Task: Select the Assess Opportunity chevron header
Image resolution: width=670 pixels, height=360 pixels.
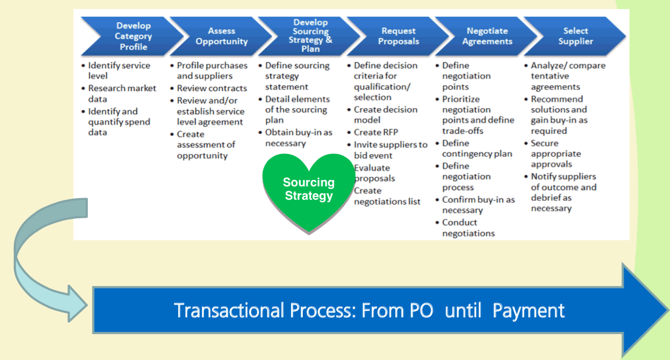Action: pyautogui.click(x=221, y=36)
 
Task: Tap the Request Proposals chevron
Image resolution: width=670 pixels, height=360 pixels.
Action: pyautogui.click(x=398, y=36)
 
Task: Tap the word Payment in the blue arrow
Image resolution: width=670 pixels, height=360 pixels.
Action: pyautogui.click(x=528, y=310)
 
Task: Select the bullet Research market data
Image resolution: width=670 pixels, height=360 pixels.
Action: pyautogui.click(x=122, y=94)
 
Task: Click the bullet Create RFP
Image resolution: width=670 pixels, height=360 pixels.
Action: pyautogui.click(x=376, y=132)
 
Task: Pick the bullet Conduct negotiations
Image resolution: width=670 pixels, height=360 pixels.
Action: pyautogui.click(x=468, y=228)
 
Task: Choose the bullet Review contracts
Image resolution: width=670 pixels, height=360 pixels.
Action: pyautogui.click(x=212, y=88)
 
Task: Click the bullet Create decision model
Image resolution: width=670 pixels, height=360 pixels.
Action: pyautogui.click(x=385, y=115)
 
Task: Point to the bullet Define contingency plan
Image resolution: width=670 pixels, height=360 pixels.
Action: pyautogui.click(x=477, y=149)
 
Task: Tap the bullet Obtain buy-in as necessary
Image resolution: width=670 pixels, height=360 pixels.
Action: pyautogui.click(x=298, y=138)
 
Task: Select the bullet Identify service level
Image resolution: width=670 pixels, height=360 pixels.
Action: pyautogui.click(x=119, y=71)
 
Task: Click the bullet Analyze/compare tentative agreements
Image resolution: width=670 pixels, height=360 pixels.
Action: pyautogui.click(x=567, y=76)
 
